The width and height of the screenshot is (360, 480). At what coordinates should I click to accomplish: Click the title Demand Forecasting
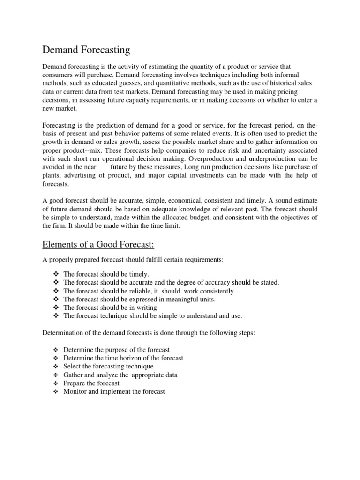point(86,50)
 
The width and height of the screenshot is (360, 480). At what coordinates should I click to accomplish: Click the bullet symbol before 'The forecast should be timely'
point(56,274)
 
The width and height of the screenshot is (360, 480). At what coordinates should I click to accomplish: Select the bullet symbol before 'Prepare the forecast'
point(56,383)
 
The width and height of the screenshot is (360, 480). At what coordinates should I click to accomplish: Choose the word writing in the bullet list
point(146,307)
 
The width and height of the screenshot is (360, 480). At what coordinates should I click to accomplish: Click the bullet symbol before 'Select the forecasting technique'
point(56,366)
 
